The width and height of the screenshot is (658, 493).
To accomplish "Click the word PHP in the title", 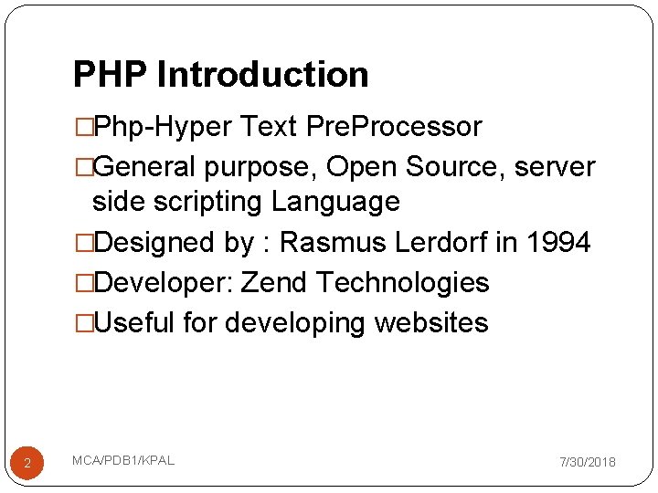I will point(110,75).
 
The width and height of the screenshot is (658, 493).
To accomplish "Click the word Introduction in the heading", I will point(263,75).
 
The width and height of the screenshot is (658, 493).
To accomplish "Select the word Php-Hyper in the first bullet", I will point(163,127).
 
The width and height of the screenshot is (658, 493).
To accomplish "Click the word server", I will point(556,167).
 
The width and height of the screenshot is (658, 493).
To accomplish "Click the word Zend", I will point(274,282).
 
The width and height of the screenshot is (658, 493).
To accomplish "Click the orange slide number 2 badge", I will point(27,464).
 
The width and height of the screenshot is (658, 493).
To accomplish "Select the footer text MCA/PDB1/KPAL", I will point(123,460).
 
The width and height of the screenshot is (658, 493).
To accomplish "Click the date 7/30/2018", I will point(587,463).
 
